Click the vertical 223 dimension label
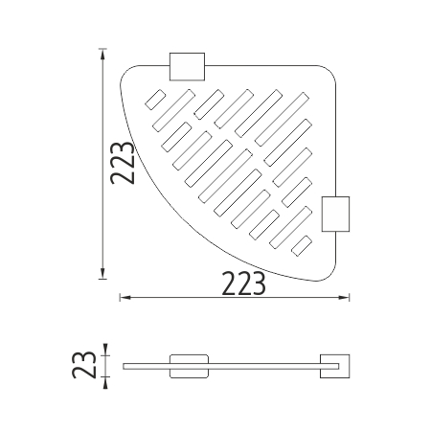pyautogui.click(x=122, y=163)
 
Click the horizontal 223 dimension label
pyautogui.click(x=243, y=284)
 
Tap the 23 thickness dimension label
pyautogui.click(x=84, y=365)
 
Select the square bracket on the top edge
pyautogui.click(x=187, y=66)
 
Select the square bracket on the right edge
pyautogui.click(x=335, y=214)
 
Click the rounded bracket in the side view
pyautogui.click(x=189, y=366)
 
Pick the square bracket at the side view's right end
pyautogui.click(x=335, y=366)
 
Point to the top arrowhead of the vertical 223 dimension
pyautogui.click(x=102, y=55)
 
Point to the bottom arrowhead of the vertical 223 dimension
pyautogui.click(x=102, y=274)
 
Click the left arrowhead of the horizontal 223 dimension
pyautogui.click(x=125, y=298)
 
